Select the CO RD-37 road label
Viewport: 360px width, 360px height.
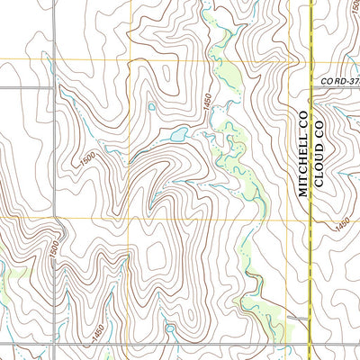point(340,81)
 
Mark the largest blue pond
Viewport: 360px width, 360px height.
point(175,137)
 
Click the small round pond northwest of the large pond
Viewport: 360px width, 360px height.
point(151,107)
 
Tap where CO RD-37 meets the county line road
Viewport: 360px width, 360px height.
point(310,87)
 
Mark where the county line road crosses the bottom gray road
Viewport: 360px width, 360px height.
point(310,318)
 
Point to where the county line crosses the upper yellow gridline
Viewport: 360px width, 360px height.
point(310,60)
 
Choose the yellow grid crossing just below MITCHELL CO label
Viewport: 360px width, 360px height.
point(288,219)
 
